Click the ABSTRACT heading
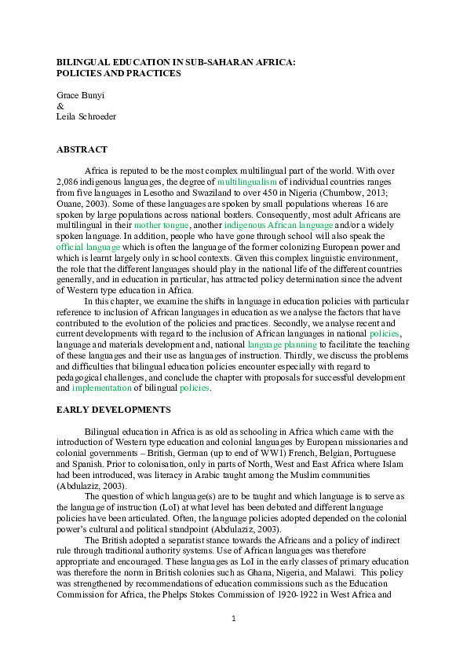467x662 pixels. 82,149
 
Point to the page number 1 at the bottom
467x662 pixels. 234,619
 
